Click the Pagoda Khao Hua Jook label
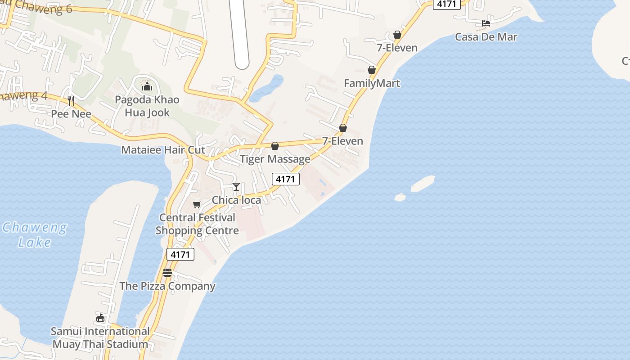coord(147,106)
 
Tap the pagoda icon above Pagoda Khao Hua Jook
coord(146,85)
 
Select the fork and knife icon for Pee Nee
coord(71,100)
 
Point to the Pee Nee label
coord(71,114)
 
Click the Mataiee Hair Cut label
coord(163,150)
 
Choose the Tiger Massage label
coord(275,159)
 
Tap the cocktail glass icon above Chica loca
coord(236,186)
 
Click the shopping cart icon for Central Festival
coord(197,205)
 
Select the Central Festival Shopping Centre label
coord(197,224)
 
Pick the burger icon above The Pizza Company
coord(167,273)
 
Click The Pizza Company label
coord(167,286)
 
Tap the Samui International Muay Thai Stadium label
coord(100,338)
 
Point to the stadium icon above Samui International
coord(100,318)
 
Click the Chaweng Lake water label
coord(35,234)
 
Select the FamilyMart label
coord(372,83)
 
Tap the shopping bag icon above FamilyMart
coord(372,70)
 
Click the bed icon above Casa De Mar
coord(486,23)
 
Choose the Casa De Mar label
coord(486,37)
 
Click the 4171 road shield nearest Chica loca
coord(285,179)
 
